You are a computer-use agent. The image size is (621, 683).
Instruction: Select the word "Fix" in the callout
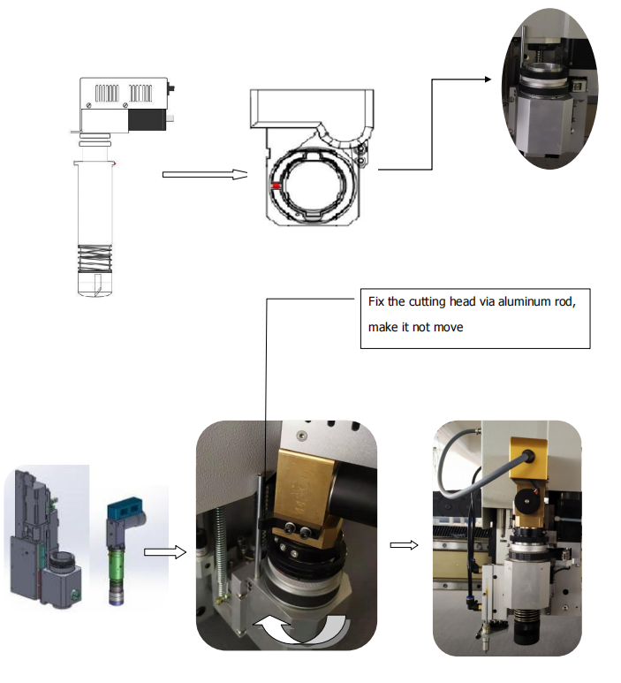click(375, 301)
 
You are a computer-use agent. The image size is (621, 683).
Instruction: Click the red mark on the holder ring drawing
click(276, 186)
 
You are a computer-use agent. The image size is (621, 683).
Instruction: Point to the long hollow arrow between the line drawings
click(204, 175)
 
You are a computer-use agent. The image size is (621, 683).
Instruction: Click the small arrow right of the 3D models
click(165, 552)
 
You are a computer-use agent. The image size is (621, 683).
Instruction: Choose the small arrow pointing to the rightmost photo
click(404, 545)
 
